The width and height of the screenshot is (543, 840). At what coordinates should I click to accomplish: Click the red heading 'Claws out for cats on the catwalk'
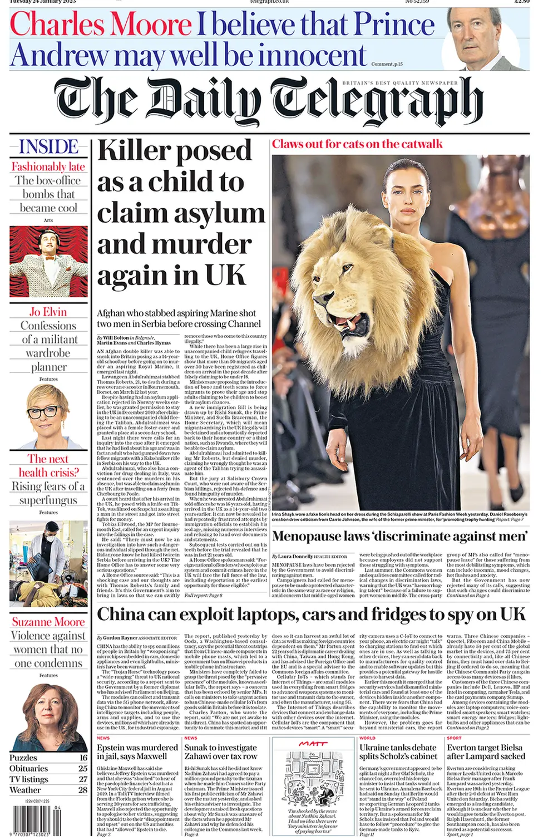357,144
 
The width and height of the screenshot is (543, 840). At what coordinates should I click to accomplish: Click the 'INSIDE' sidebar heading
49,147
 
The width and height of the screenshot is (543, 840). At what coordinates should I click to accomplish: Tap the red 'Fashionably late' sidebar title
48,166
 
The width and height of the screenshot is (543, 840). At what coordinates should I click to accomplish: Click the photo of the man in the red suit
48,261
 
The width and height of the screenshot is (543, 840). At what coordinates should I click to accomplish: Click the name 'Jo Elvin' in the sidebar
48,312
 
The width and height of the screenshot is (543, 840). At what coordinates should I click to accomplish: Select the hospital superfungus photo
48,563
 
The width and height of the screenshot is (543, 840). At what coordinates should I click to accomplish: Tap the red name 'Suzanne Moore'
48,622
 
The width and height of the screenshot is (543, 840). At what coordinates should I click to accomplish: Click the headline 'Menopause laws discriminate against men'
399,537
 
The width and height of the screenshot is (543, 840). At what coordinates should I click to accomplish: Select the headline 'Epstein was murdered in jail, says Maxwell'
137,751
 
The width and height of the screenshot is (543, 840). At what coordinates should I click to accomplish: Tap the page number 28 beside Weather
83,789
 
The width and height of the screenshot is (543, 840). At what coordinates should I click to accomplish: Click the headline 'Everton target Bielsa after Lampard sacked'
485,751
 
